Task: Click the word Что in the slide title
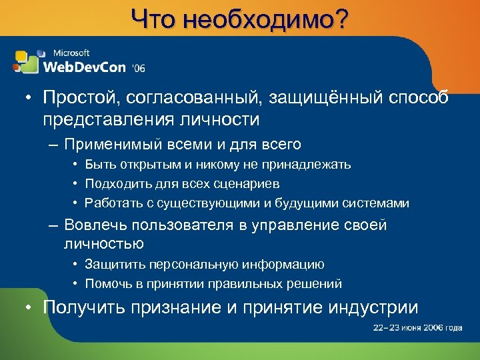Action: [x=153, y=19]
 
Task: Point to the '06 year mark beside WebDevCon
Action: [x=138, y=67]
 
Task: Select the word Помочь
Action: [x=111, y=283]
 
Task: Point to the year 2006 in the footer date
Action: [x=427, y=328]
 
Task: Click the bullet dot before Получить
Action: [x=30, y=308]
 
